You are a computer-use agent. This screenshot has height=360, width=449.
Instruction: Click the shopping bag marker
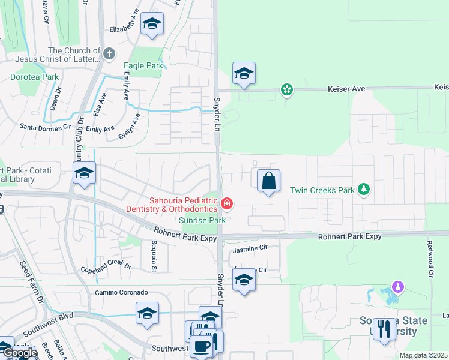click(268, 180)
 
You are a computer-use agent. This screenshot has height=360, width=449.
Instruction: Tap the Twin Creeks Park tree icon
click(363, 190)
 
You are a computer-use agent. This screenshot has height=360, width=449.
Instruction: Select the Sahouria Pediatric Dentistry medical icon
click(227, 204)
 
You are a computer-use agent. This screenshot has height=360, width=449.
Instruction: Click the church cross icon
click(109, 54)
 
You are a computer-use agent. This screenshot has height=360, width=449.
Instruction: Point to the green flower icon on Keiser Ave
click(287, 90)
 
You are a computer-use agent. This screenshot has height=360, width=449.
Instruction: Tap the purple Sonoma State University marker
click(397, 288)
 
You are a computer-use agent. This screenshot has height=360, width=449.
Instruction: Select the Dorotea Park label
click(35, 77)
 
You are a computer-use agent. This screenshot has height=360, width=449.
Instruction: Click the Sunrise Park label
click(202, 220)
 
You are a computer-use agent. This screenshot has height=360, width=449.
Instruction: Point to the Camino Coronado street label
click(121, 292)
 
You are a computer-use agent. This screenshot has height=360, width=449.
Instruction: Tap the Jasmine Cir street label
click(250, 247)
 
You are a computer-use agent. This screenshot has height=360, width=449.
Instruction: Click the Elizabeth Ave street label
click(124, 28)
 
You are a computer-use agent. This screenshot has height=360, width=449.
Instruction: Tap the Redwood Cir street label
click(430, 259)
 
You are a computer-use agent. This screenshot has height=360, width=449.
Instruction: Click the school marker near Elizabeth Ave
click(152, 24)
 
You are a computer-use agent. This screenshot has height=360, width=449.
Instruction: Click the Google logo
click(20, 353)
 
